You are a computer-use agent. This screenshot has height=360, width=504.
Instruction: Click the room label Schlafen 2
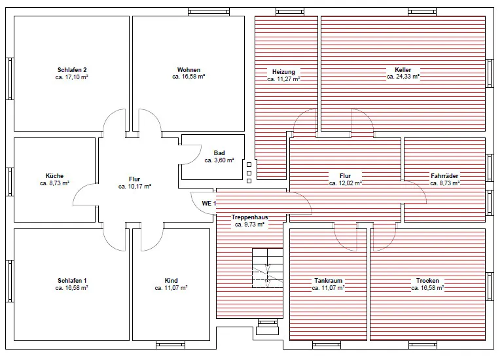coord(72,70)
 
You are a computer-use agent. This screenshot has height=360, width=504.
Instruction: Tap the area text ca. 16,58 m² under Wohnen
coord(189,77)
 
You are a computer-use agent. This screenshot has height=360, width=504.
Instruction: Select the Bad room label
coord(219,153)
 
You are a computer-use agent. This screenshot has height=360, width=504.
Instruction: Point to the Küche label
coord(54,176)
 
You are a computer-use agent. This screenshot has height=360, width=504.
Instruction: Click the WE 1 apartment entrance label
coord(209,204)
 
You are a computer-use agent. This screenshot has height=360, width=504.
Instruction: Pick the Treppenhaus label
coord(250,217)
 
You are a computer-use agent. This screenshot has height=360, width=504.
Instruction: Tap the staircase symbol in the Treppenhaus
coord(268,268)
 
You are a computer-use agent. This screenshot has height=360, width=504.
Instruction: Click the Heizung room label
coord(283,72)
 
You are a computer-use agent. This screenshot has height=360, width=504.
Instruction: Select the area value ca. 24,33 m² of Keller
coord(403,77)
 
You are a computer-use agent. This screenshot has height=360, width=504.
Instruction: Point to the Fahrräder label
coord(444,176)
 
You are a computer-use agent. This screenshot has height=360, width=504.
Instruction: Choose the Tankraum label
coord(328,281)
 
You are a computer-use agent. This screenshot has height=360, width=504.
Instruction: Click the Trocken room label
coord(427,281)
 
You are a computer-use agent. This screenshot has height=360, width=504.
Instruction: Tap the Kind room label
coord(171,281)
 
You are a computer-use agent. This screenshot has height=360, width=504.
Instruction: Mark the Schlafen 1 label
coord(72,281)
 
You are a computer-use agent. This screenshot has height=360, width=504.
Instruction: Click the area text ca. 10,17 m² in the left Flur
coord(135,187)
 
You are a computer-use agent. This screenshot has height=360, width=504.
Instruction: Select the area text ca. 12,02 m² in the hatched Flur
coord(345,183)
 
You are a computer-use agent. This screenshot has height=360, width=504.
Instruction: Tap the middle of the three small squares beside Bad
coord(249,173)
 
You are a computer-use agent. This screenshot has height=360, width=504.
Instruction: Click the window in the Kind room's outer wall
coord(170,345)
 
